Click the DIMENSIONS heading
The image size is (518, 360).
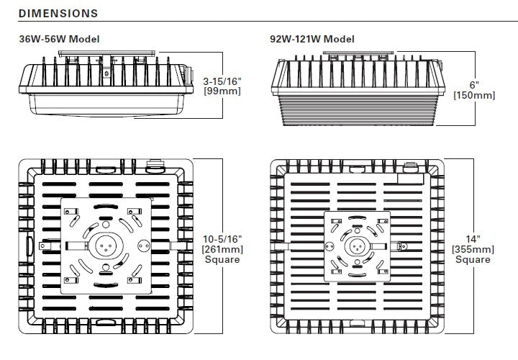click(x=58, y=13)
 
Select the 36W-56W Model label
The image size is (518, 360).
click(x=59, y=39)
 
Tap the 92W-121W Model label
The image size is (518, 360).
click(x=312, y=39)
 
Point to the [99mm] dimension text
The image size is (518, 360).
click(x=222, y=91)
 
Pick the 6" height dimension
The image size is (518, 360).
click(x=473, y=84)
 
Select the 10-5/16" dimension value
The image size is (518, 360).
click(x=222, y=238)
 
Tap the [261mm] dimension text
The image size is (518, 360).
click(x=222, y=249)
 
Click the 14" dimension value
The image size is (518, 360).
click(x=472, y=238)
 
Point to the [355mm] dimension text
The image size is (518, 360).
click(x=472, y=249)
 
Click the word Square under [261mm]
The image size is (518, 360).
click(x=222, y=259)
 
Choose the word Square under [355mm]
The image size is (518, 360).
click(x=472, y=259)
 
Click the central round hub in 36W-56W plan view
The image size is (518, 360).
click(x=106, y=245)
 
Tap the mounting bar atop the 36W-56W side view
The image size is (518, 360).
click(x=108, y=53)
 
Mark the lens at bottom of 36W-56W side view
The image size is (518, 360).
click(x=108, y=107)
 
